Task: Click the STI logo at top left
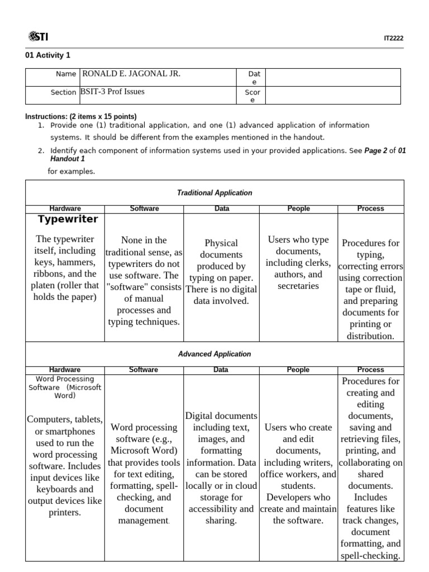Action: tap(37, 37)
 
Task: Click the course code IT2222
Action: tap(393, 39)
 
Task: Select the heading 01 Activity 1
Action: tap(48, 55)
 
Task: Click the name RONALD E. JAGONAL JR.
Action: tap(131, 74)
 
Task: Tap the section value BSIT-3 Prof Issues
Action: tap(113, 92)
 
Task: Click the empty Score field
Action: tap(333, 96)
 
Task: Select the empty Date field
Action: tap(333, 77)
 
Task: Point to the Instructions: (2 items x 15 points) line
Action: tap(81, 116)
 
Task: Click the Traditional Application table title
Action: tap(214, 193)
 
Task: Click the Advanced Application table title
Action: tap(214, 354)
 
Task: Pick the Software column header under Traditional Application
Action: tap(144, 208)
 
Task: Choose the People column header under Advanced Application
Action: tap(298, 370)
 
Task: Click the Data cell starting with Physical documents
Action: tap(221, 272)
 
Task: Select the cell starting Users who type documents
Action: tap(298, 263)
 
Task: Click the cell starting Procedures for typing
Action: tap(371, 289)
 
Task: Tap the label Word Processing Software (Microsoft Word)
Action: tap(65, 387)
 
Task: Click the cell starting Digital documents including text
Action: tap(221, 468)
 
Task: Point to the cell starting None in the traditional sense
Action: tap(144, 281)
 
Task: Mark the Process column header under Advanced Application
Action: tap(371, 370)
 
